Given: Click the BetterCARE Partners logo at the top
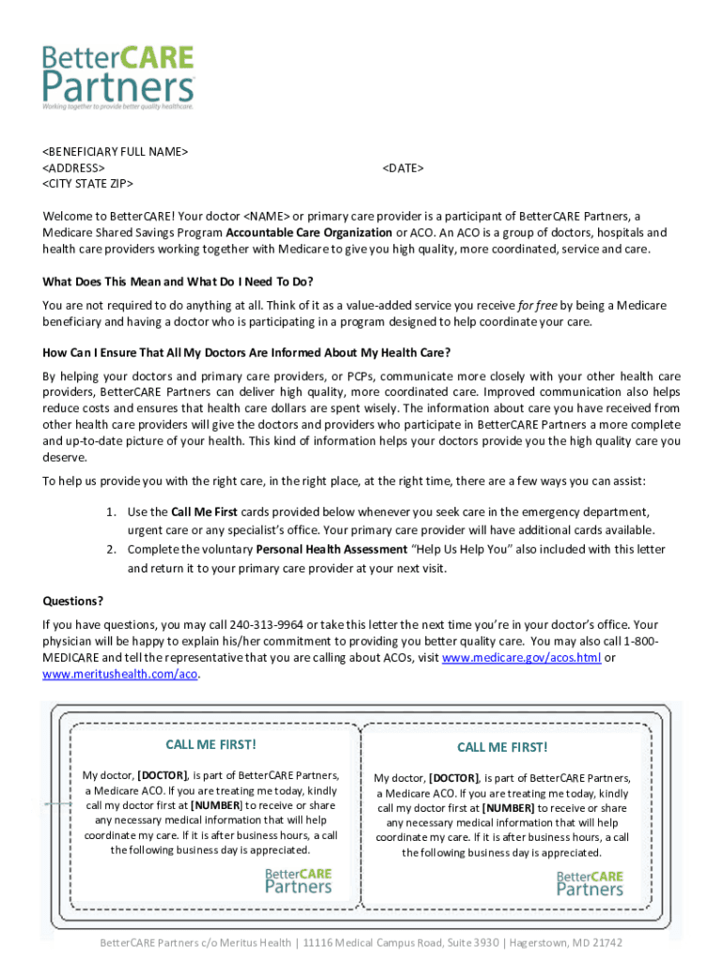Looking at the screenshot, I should [118, 79].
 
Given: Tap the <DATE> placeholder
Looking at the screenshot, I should [403, 167].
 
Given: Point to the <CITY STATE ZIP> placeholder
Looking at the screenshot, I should [88, 183].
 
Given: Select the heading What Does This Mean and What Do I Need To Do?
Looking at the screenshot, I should [178, 282].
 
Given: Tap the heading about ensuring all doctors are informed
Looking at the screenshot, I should [247, 353].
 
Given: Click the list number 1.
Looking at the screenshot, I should [111, 512].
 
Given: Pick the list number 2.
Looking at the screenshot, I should [111, 550].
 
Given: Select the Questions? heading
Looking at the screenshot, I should [73, 601].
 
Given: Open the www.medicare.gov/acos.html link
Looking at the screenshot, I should [521, 658].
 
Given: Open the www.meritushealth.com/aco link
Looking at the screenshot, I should [120, 675].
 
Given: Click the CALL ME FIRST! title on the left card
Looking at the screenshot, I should [210, 745].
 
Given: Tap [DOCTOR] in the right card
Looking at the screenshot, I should [454, 778].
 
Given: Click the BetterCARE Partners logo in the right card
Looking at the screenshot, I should [590, 883].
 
